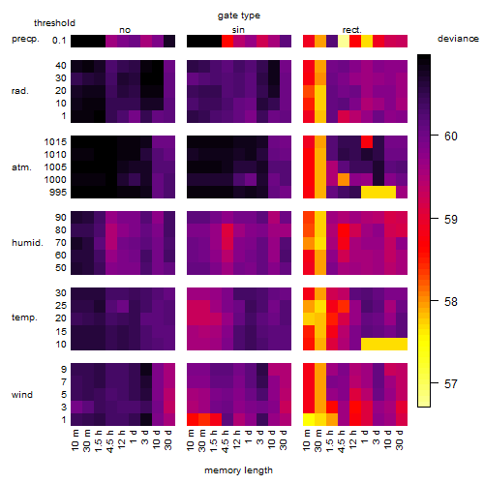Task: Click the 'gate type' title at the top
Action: click(239, 15)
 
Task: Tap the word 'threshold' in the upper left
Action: click(54, 23)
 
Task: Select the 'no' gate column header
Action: click(125, 30)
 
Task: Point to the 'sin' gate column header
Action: click(238, 30)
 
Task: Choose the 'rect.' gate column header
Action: click(351, 30)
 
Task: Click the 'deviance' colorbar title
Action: click(458, 39)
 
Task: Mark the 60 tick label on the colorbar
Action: click(451, 136)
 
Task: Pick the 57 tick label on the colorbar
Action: click(451, 384)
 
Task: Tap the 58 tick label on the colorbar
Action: click(451, 302)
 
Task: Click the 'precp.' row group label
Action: click(25, 39)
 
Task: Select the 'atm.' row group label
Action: click(21, 167)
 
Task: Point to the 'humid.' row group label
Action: click(27, 242)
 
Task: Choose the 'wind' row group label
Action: click(22, 395)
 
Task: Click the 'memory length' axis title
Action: click(238, 470)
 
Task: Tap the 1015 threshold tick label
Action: click(55, 142)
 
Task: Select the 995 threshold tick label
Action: click(58, 193)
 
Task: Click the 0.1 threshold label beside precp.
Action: click(59, 41)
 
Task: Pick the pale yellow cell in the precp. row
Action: click(344, 41)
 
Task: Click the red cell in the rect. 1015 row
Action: click(367, 141)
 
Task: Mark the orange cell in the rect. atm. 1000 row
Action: click(344, 179)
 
